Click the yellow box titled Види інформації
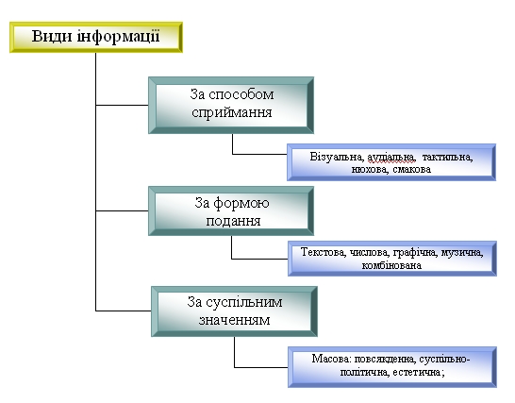click(96, 37)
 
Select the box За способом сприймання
click(231, 105)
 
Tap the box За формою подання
click(231, 211)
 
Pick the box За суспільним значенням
click(234, 311)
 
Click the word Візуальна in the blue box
click(337, 157)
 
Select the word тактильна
click(447, 157)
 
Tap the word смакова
click(411, 170)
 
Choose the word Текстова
click(324, 252)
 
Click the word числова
click(369, 252)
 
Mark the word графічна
click(415, 252)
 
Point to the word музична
click(462, 252)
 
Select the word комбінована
click(391, 265)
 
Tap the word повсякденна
click(385, 359)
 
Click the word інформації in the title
click(118, 37)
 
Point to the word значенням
click(235, 320)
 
